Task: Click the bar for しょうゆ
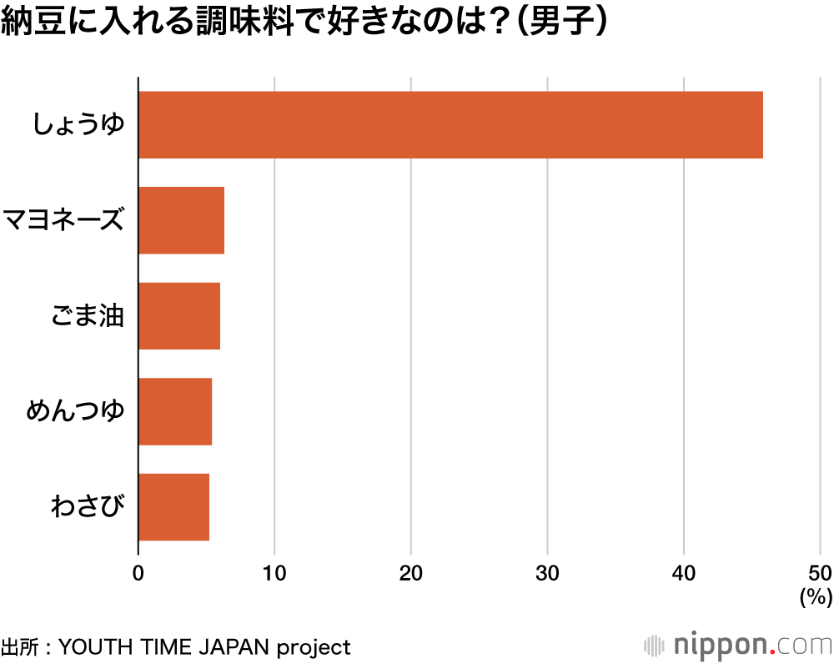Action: coord(450,125)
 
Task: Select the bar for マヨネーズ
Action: coord(181,220)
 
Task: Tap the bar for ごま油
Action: coord(179,316)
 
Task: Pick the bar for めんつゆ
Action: coord(175,411)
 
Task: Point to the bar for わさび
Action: coord(173,507)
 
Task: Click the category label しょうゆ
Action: coord(78,125)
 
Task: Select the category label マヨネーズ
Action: coord(64,220)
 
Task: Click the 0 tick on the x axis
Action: coord(138,573)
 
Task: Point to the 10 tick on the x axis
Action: coord(274,573)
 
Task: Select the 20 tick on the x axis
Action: coord(411,573)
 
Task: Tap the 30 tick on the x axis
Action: coord(547,573)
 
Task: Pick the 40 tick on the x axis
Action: coord(684,573)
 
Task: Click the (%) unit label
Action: coord(816,597)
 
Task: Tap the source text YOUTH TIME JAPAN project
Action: coord(205,647)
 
